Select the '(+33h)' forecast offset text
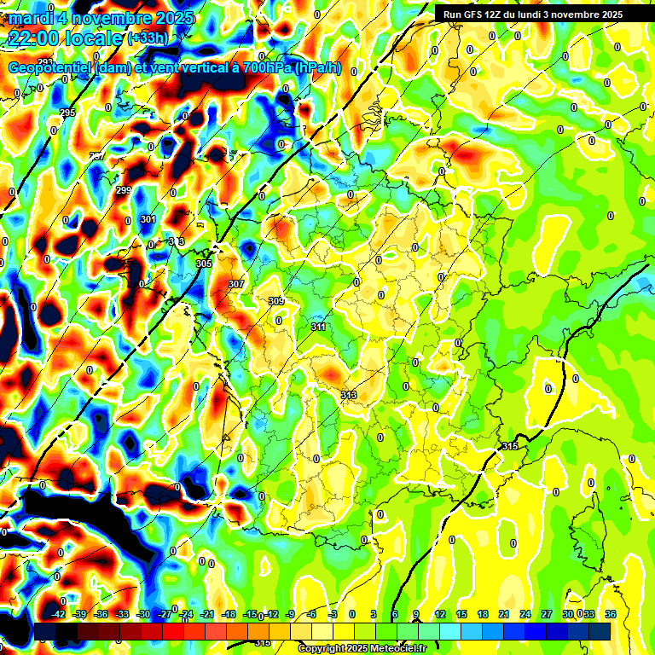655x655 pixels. (x=148, y=38)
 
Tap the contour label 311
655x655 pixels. (x=319, y=327)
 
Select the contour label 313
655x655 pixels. (x=348, y=395)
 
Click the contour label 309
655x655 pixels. (x=276, y=301)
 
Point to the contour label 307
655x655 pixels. (x=236, y=284)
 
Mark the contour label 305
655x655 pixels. (x=203, y=264)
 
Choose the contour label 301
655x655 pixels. (x=148, y=220)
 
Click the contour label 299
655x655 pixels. (x=124, y=190)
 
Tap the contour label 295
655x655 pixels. (x=67, y=113)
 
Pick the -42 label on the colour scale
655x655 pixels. (x=59, y=614)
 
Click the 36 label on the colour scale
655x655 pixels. (x=611, y=614)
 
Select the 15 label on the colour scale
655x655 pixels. (x=461, y=614)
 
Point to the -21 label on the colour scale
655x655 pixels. (x=207, y=614)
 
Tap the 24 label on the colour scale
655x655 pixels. (x=525, y=614)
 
